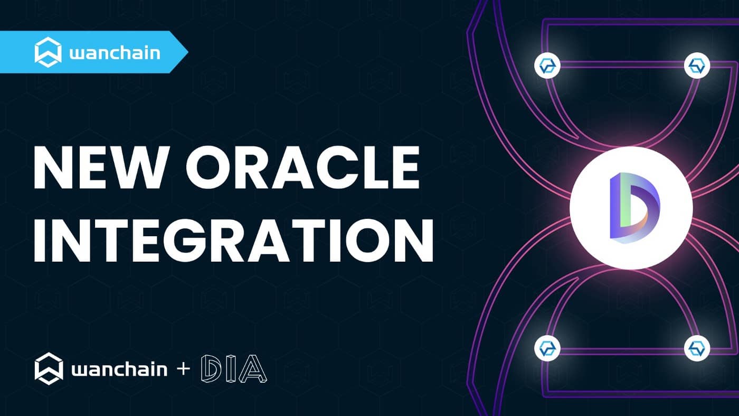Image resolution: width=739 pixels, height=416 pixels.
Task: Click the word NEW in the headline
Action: (x=99, y=168)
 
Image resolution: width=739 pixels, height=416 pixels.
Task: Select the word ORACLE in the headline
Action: (x=303, y=168)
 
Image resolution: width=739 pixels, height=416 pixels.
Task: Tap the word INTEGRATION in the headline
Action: (x=233, y=240)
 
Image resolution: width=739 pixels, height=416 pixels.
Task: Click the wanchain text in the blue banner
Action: (x=115, y=53)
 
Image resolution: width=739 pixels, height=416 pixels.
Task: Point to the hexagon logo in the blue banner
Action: (x=48, y=52)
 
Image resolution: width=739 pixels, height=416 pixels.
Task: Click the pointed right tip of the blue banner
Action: (x=188, y=52)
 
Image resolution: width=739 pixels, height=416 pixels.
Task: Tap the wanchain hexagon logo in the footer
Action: (x=49, y=368)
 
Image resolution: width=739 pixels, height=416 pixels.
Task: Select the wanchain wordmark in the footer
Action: (x=119, y=369)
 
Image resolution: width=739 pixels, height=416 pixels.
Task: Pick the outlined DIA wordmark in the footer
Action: (x=234, y=369)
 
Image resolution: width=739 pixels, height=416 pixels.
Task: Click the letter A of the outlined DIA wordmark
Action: (x=253, y=369)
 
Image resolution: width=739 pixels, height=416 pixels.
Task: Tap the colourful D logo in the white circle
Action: (x=634, y=208)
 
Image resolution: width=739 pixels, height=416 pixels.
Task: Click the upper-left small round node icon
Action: (x=547, y=66)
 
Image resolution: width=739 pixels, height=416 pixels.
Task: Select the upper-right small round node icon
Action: (x=697, y=66)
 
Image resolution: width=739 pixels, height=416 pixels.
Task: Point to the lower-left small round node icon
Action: (x=547, y=348)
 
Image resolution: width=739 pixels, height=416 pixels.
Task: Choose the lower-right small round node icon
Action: (x=697, y=348)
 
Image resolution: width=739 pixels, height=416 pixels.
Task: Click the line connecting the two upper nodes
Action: (x=622, y=65)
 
